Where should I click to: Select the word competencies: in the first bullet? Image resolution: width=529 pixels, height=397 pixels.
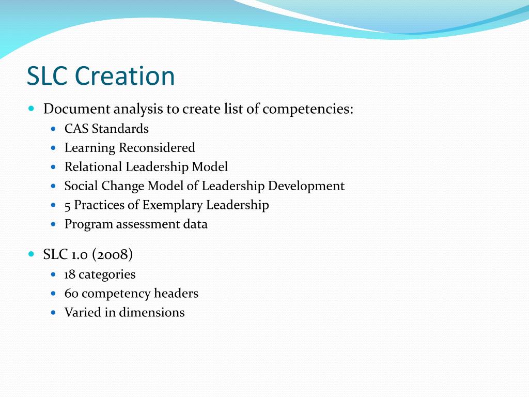(x=308, y=109)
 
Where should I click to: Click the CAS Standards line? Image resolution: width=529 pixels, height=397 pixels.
(x=106, y=129)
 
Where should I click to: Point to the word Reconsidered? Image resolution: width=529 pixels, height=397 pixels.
(x=157, y=148)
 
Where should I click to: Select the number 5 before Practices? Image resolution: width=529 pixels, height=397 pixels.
(x=68, y=205)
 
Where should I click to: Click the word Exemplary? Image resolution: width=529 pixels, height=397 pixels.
(x=173, y=205)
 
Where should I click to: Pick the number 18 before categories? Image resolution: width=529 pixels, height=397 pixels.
(x=70, y=274)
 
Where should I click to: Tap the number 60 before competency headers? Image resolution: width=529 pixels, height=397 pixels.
(x=71, y=294)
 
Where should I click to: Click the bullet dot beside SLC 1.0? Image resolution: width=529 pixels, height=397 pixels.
(x=32, y=254)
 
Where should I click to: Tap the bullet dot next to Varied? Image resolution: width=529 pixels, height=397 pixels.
(x=54, y=312)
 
